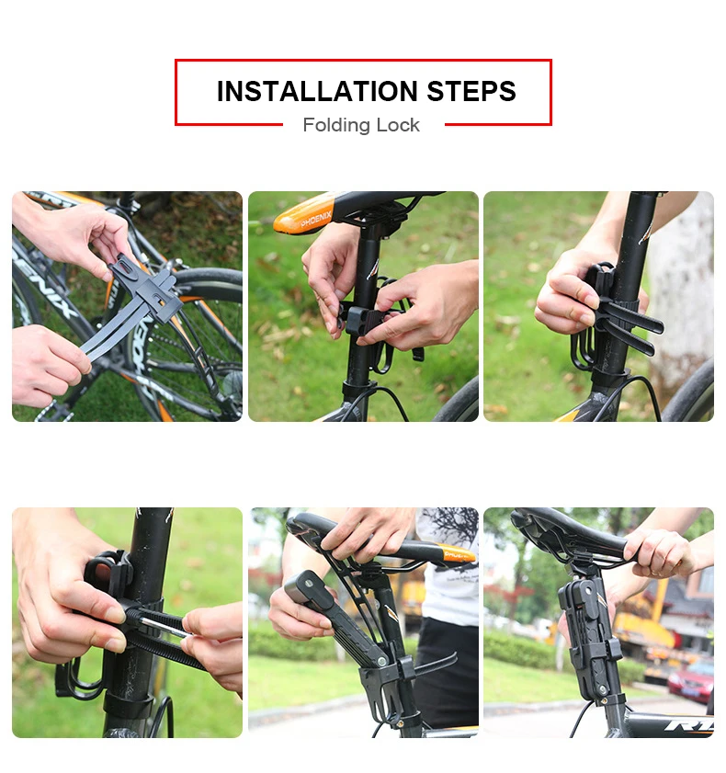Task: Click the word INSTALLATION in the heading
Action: point(317,91)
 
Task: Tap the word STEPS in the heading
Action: point(471,91)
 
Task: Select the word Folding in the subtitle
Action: point(336,125)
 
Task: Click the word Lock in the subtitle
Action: point(398,125)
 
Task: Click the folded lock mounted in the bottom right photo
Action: point(590,641)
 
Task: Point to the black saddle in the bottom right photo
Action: point(572,538)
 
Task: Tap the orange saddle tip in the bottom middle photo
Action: point(459,554)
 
